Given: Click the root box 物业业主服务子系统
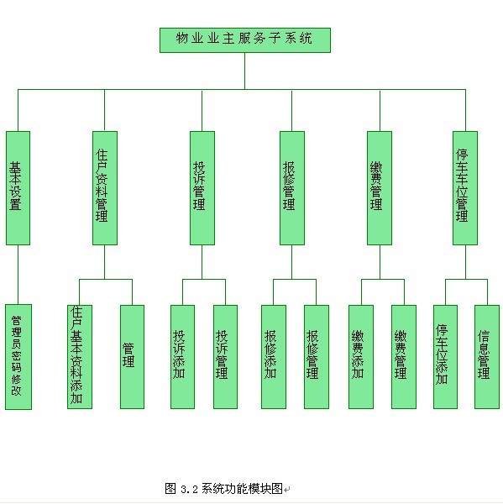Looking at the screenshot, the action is pyautogui.click(x=245, y=40).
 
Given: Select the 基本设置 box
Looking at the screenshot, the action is pyautogui.click(x=18, y=188).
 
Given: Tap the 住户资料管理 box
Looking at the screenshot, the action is pyautogui.click(x=105, y=188).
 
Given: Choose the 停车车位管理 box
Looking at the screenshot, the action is pyautogui.click(x=465, y=188).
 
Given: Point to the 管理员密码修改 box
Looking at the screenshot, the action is pyautogui.click(x=18, y=357).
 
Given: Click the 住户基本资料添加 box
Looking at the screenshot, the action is pyautogui.click(x=80, y=357).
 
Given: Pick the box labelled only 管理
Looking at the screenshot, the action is pyautogui.click(x=132, y=357).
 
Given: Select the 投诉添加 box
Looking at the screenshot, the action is pyautogui.click(x=182, y=357).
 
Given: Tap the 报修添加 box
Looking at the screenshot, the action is pyautogui.click(x=274, y=357).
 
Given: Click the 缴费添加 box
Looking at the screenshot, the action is pyautogui.click(x=361, y=357).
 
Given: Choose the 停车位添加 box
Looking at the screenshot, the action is pyautogui.click(x=445, y=357).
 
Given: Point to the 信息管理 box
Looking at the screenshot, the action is pyautogui.click(x=487, y=357).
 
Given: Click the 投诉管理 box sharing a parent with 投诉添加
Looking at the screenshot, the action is pyautogui.click(x=225, y=357).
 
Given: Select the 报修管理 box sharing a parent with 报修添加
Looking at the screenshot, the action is pyautogui.click(x=317, y=357).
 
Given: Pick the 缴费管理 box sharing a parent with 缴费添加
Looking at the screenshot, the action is pyautogui.click(x=404, y=357).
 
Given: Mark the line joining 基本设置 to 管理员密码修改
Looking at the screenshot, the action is pyautogui.click(x=18, y=275).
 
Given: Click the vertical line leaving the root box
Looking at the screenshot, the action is pyautogui.click(x=245, y=71).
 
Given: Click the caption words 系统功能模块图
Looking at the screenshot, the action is pyautogui.click(x=242, y=489).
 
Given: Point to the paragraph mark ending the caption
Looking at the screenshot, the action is pyautogui.click(x=287, y=490).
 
